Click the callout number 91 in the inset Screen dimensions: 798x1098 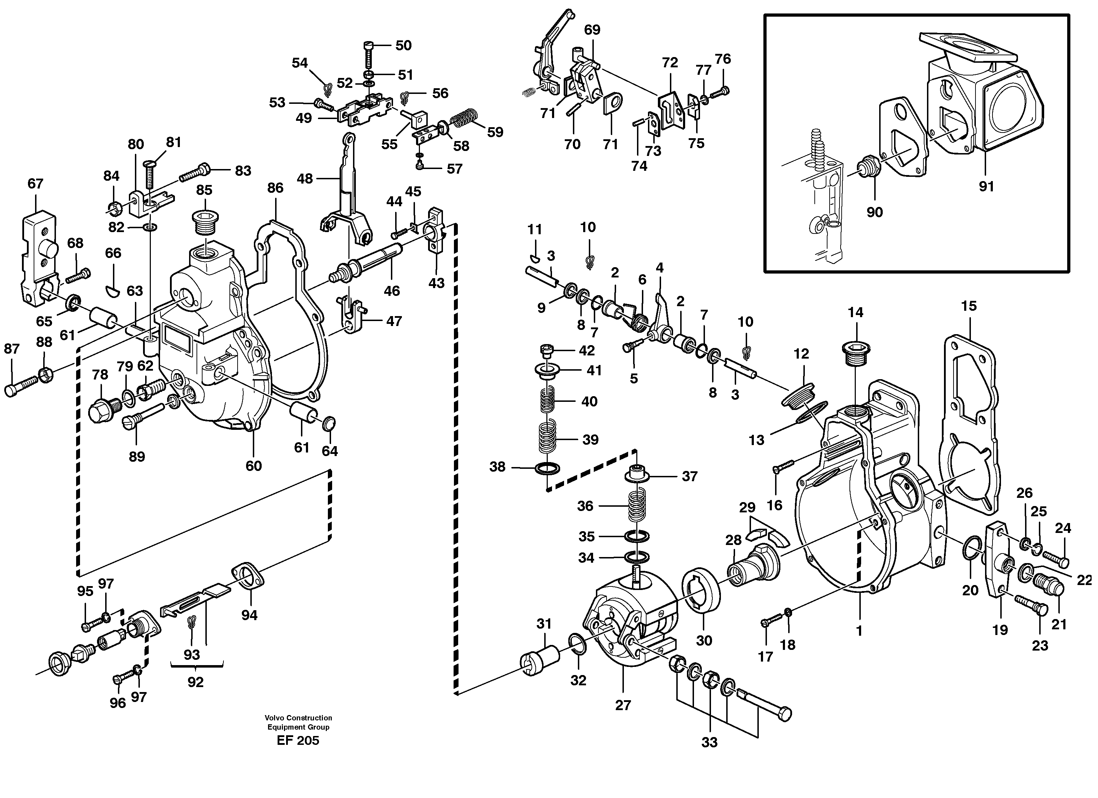pyautogui.click(x=986, y=186)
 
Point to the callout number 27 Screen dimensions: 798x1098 pyautogui.click(x=623, y=705)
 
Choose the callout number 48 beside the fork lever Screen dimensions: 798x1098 pyautogui.click(x=305, y=179)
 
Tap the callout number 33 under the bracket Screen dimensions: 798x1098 pyautogui.click(x=709, y=742)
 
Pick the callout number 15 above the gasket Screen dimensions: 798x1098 pyautogui.click(x=969, y=306)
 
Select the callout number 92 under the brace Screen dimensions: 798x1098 pyautogui.click(x=195, y=682)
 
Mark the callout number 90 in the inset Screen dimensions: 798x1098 pyautogui.click(x=874, y=212)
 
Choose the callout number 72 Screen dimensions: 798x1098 pyautogui.click(x=670, y=62)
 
